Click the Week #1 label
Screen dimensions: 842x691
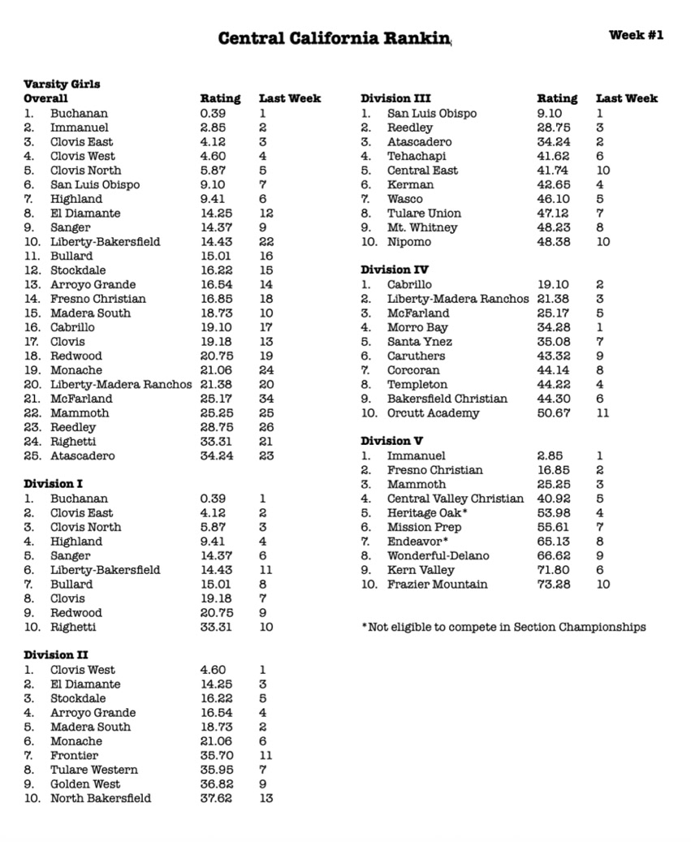point(636,35)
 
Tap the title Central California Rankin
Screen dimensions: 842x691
point(334,38)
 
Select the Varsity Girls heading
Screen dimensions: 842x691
point(62,84)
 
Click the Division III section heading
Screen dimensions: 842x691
point(396,98)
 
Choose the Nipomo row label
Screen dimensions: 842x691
point(409,242)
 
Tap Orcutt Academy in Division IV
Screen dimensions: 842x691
point(433,413)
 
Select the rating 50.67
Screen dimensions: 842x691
point(553,413)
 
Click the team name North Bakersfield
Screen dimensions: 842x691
point(101,798)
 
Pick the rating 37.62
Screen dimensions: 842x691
point(216,798)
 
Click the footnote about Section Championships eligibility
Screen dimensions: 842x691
point(503,627)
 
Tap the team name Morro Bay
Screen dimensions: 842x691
point(417,327)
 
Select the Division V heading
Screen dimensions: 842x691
point(392,441)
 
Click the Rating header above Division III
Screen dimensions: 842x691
point(557,98)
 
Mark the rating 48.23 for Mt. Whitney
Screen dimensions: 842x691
point(553,227)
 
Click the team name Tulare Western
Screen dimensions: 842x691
point(94,770)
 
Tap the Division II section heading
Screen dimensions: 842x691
point(56,655)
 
